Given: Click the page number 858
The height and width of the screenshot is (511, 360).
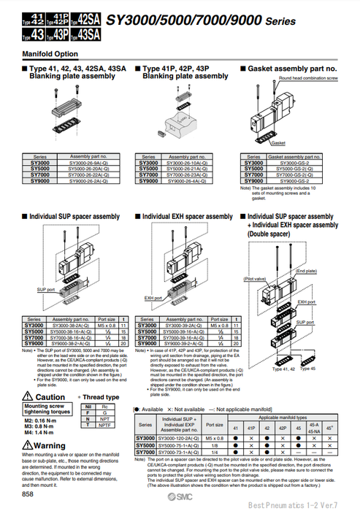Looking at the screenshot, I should [27, 494].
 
